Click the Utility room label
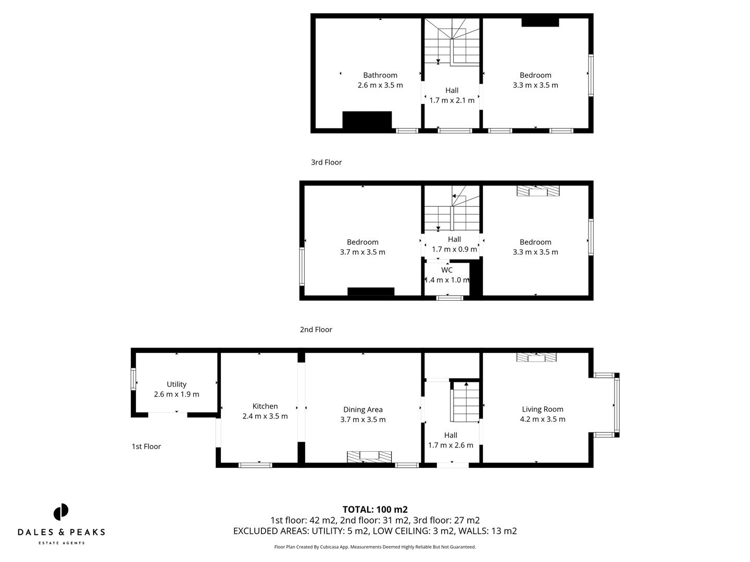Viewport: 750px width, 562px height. coord(177,384)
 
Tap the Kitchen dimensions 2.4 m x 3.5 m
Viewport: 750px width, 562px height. coord(265,416)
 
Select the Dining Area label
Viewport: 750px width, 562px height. coord(363,410)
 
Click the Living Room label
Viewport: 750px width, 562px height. coord(542,409)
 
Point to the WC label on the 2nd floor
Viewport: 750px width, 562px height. coord(447,270)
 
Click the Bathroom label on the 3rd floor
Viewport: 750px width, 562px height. coord(380,75)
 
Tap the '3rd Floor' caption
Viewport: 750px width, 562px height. coord(326,162)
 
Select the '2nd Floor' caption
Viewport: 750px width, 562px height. coord(316,329)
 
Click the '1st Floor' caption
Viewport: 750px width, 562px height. coord(146,446)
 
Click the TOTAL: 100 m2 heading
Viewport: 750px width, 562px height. coord(375,509)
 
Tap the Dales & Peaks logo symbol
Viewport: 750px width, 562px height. coord(61,512)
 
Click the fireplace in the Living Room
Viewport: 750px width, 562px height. coord(536,357)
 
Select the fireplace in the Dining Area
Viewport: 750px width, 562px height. coord(370,456)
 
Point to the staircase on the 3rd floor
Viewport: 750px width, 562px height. coord(451,42)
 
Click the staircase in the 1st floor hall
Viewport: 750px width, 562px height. coord(465,402)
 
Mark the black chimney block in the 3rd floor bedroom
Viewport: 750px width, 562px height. coord(540,22)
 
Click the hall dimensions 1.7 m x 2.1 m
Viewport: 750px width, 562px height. coord(452,100)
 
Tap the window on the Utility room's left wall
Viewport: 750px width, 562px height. coord(133,379)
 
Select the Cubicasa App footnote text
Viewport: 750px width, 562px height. coord(375,547)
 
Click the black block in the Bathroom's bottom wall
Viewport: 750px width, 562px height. coord(367,120)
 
